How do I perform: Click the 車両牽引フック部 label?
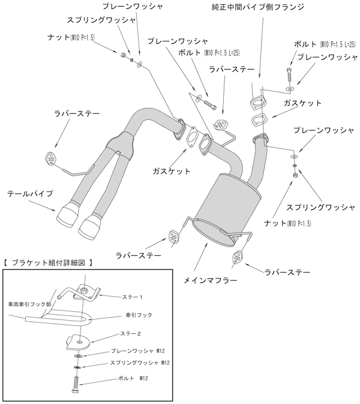[28, 304]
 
